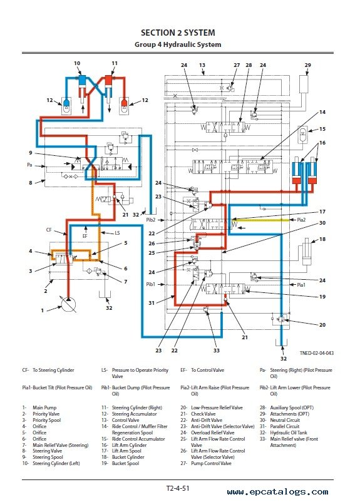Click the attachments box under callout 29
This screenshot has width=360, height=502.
304,85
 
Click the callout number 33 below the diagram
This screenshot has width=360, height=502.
217,351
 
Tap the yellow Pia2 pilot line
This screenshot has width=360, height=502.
260,220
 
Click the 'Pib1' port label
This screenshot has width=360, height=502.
150,284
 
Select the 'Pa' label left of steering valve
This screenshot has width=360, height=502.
29,165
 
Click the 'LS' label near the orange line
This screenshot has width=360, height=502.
117,233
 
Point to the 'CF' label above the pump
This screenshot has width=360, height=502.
49,230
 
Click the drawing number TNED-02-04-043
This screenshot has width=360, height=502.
316,353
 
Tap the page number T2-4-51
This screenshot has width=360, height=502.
178,488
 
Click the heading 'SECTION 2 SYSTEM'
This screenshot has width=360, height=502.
178,33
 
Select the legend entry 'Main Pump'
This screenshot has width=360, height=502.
44,407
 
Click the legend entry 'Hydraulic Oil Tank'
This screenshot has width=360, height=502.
289,433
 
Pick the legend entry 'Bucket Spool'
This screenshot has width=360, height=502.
126,463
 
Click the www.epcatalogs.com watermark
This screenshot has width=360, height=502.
278,492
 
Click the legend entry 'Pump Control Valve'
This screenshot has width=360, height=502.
211,463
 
